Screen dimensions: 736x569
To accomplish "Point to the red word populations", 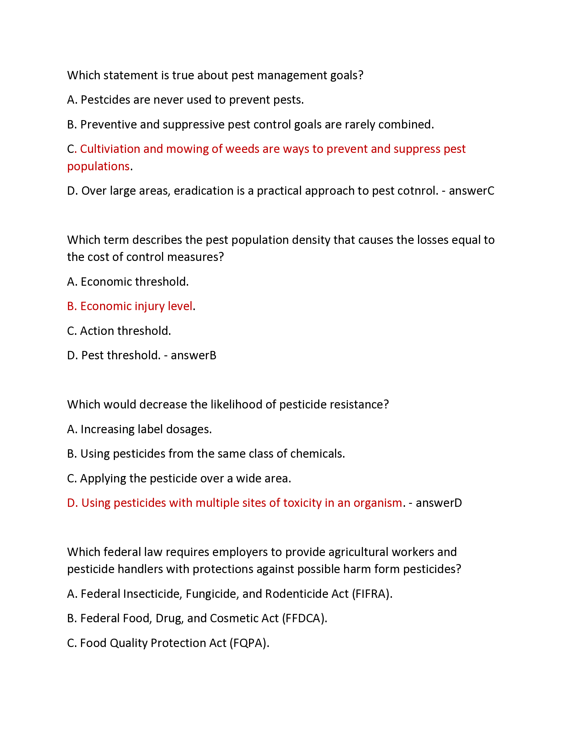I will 98,167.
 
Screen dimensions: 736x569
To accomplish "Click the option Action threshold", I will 126,331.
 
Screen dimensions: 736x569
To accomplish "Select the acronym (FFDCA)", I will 304,618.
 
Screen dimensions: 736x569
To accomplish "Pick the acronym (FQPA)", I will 249,643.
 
